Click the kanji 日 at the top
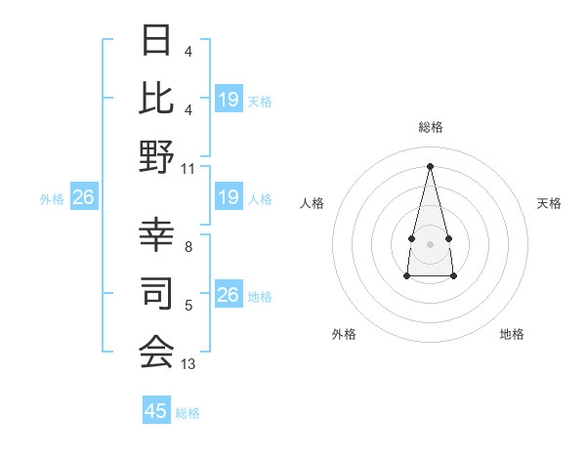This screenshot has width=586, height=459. click(156, 41)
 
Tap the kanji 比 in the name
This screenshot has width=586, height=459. click(156, 99)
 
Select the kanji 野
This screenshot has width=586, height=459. click(156, 157)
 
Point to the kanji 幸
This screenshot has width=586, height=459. click(156, 234)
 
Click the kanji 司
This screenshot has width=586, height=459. click(156, 292)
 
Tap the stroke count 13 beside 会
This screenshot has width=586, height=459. click(188, 364)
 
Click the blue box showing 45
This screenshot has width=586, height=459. click(156, 411)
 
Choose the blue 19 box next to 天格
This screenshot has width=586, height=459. click(229, 100)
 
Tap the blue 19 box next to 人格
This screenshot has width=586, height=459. click(229, 198)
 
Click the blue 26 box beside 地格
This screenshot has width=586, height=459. click(229, 295)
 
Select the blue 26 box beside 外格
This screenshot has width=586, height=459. click(83, 198)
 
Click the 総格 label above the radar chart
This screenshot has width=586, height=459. click(430, 127)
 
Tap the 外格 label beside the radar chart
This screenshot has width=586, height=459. click(344, 334)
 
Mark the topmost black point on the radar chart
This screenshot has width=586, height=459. click(430, 165)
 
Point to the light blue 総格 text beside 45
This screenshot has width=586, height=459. click(188, 413)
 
